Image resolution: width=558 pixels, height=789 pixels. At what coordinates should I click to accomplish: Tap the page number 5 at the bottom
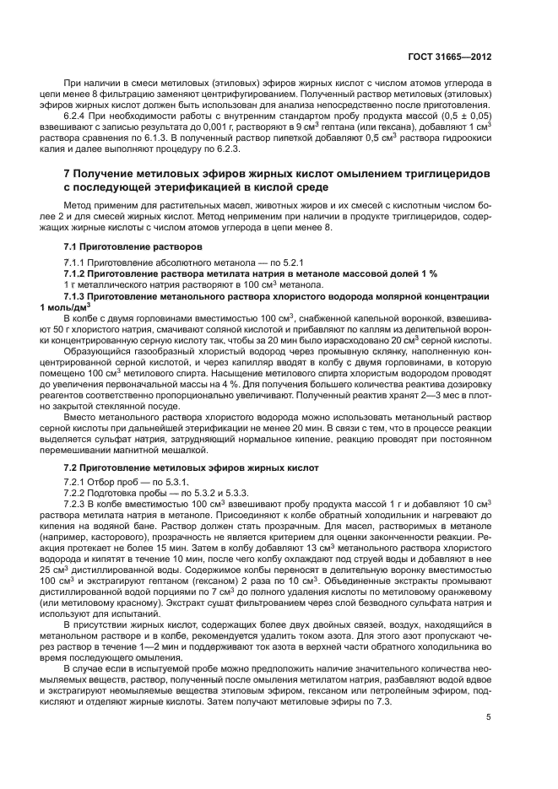pos(490,718)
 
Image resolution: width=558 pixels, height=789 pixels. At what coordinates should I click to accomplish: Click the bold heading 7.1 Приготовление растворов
pos(133,246)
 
